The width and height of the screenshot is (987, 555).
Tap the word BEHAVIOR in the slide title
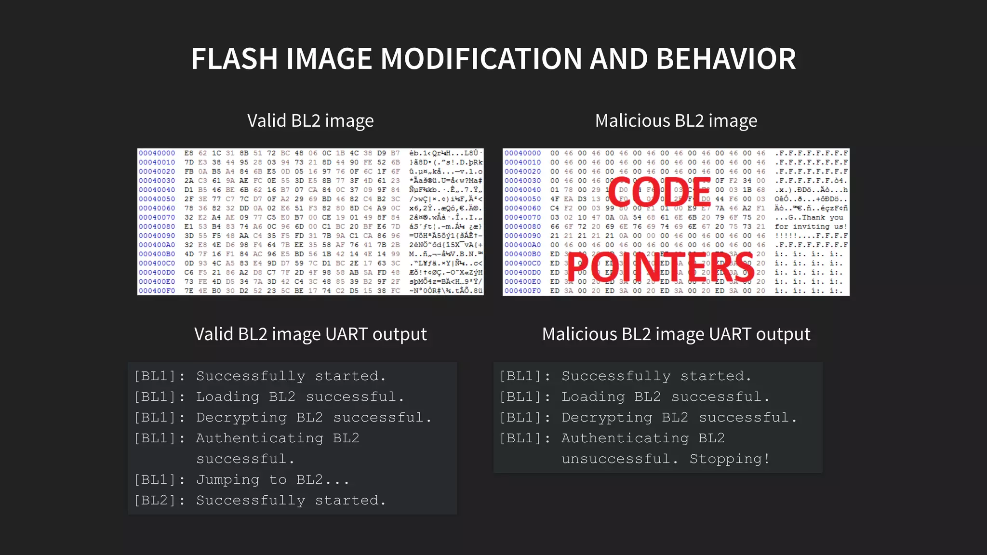(x=726, y=59)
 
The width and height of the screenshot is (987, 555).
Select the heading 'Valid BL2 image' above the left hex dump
(x=310, y=120)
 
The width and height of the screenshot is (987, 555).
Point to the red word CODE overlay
(x=659, y=192)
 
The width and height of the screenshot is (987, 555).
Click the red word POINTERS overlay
(x=660, y=267)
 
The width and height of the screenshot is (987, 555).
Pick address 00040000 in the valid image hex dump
(x=157, y=153)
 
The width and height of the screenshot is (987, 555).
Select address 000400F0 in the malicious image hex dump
(x=522, y=291)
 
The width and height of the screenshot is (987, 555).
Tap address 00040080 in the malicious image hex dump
(x=522, y=226)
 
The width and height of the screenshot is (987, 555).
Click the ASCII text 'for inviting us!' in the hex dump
(x=811, y=226)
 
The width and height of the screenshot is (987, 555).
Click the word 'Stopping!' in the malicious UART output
(x=729, y=459)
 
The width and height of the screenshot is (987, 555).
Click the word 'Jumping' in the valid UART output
(x=227, y=479)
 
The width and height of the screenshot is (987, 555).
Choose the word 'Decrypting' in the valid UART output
(x=241, y=417)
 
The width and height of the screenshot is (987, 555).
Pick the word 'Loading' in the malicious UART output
(x=593, y=396)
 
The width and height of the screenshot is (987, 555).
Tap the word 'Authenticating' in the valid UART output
(x=259, y=438)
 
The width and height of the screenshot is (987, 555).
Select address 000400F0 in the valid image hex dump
(x=157, y=291)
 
